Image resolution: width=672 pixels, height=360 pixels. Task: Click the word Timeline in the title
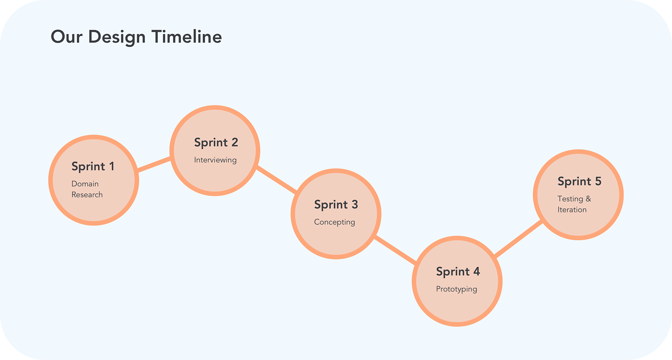(187, 36)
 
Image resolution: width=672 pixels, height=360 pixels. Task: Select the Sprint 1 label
(93, 167)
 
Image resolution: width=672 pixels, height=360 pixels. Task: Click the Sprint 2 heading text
(216, 143)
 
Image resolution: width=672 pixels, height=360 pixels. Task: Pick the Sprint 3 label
(336, 205)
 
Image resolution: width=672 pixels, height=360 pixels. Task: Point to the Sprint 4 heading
(458, 272)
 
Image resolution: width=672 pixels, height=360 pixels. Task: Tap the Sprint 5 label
(579, 182)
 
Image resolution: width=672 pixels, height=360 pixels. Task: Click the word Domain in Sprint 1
(85, 184)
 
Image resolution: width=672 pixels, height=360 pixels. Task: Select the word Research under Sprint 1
(87, 195)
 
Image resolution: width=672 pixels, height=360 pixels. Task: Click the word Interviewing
(215, 160)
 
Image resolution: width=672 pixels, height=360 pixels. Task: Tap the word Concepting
(335, 222)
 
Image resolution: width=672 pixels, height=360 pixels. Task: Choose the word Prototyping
(456, 289)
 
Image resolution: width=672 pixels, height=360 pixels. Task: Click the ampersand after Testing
(588, 199)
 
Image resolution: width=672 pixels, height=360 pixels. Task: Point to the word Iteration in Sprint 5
(572, 210)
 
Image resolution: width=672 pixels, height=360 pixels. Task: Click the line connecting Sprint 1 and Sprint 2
(154, 164)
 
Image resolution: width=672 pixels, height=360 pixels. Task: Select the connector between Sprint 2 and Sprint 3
(276, 180)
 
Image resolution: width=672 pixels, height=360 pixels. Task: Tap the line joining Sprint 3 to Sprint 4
(395, 250)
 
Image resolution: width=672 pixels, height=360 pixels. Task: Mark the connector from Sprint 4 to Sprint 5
(518, 239)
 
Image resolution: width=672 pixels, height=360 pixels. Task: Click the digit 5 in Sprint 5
(598, 181)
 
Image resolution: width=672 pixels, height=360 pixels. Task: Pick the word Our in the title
(66, 37)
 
